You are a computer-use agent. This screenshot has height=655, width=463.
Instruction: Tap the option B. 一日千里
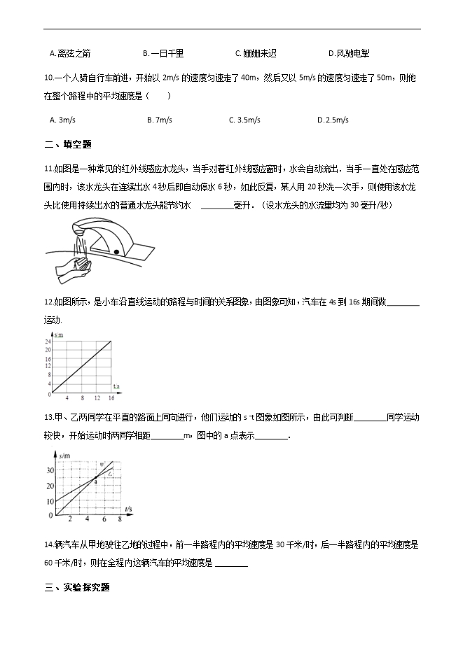point(163,53)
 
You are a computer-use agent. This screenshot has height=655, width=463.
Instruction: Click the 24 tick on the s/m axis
point(48,341)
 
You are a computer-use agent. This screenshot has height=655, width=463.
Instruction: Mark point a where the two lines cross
point(96,479)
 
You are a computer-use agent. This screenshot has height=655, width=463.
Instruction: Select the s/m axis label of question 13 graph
point(63,456)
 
